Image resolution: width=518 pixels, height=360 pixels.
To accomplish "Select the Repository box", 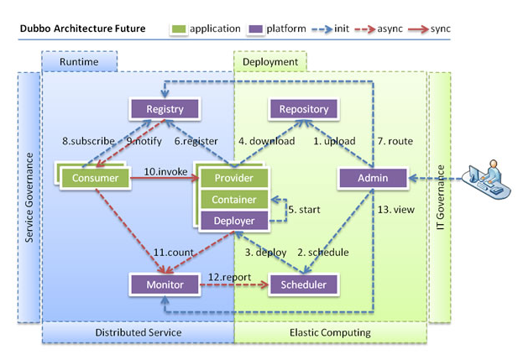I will [x=303, y=108].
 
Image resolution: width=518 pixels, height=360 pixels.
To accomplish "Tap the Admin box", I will [x=373, y=178].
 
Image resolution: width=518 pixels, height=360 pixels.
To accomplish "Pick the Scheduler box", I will [x=303, y=284].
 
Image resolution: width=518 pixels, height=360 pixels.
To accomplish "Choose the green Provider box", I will [x=233, y=178].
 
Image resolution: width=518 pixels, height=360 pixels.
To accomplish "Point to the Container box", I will [x=233, y=200].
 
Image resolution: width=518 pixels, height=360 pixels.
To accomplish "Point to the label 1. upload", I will [x=334, y=141].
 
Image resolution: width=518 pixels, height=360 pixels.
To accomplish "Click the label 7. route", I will [x=395, y=141].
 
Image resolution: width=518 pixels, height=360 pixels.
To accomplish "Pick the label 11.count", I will [x=175, y=252].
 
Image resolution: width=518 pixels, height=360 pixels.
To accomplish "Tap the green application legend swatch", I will [x=178, y=29].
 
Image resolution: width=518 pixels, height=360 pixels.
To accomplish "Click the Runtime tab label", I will [x=79, y=62].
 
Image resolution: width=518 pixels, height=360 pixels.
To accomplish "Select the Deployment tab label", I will [x=269, y=62].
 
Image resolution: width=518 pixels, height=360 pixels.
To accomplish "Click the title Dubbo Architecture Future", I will [x=82, y=29].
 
